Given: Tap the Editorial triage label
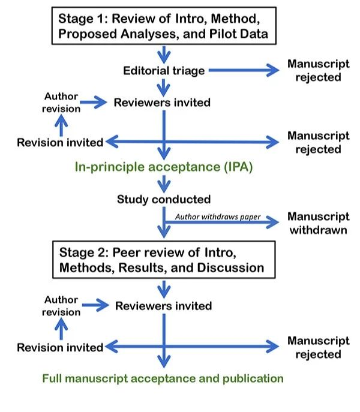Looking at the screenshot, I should pyautogui.click(x=164, y=71).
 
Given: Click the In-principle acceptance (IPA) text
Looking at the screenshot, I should pyautogui.click(x=164, y=167).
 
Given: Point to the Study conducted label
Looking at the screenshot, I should pyautogui.click(x=163, y=199).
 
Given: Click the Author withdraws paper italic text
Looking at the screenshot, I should pyautogui.click(x=217, y=217).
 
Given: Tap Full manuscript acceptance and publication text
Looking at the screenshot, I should pyautogui.click(x=163, y=378).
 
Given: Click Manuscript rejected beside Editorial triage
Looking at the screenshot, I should pyautogui.click(x=318, y=70).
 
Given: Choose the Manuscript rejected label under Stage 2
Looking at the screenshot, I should pyautogui.click(x=318, y=347).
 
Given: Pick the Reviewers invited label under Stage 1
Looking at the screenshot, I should pyautogui.click(x=162, y=103).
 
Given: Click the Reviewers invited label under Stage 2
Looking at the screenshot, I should pyautogui.click(x=163, y=306).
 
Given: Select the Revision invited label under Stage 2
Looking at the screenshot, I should pyautogui.click(x=60, y=347).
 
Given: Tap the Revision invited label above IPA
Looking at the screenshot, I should pyautogui.click(x=60, y=143).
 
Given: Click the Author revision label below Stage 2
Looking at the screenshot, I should pyautogui.click(x=62, y=306).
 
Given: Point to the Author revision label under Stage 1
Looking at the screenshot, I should pyautogui.click(x=62, y=103).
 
